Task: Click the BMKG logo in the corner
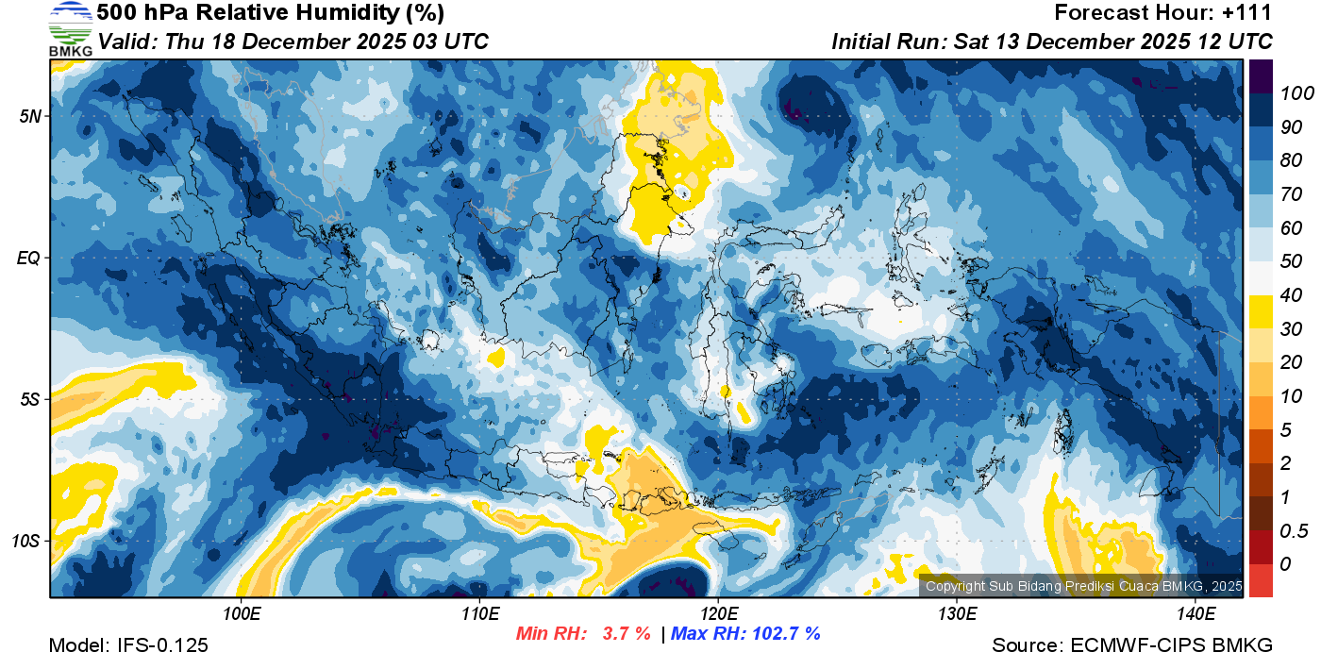click(x=70, y=29)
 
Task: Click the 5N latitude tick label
click(x=30, y=116)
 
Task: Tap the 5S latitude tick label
click(x=30, y=399)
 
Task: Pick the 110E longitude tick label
click(x=479, y=614)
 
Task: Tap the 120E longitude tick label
click(x=718, y=614)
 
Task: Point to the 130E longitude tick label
click(x=957, y=614)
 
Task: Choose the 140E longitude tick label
click(x=1196, y=614)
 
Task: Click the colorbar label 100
click(x=1290, y=93)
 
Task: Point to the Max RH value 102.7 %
click(x=784, y=634)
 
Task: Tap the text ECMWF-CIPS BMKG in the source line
click(x=1172, y=645)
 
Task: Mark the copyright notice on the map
click(x=1083, y=586)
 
